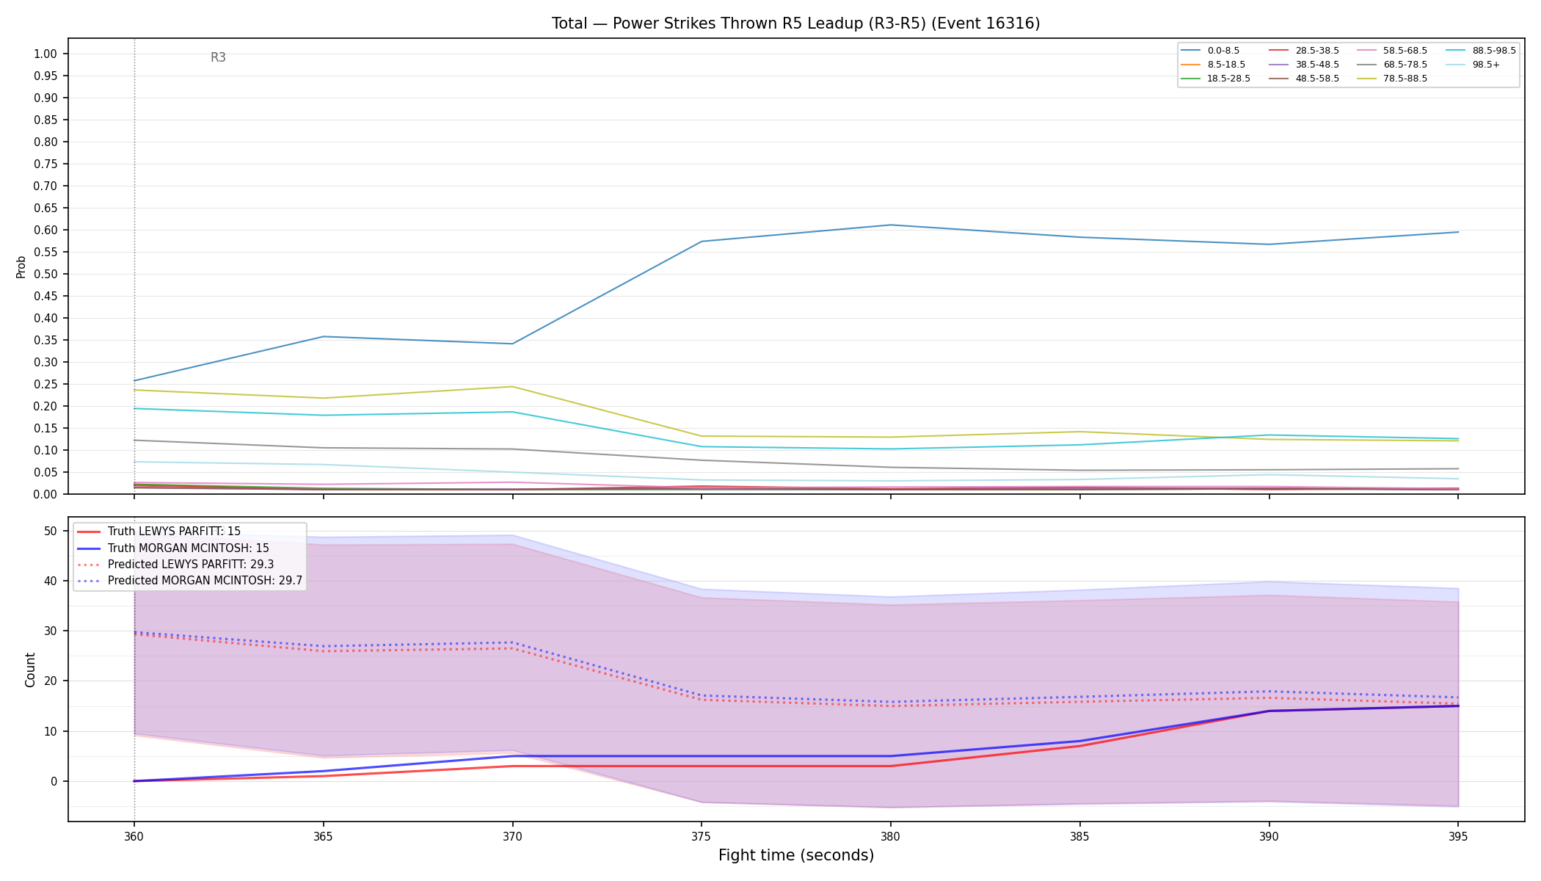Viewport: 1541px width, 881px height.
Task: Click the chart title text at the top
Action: [x=795, y=23]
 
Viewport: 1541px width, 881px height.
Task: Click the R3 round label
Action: [x=218, y=57]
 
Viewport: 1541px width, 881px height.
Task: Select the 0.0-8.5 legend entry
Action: [x=1210, y=51]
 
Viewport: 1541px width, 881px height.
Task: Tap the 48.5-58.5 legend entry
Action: [x=1304, y=79]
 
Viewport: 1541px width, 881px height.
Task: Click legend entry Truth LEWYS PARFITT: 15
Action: [x=159, y=532]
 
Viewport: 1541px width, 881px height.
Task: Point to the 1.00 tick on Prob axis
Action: [x=45, y=54]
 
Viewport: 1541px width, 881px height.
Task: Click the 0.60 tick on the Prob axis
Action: [x=45, y=230]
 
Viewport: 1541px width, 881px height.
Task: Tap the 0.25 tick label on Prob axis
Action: [x=45, y=384]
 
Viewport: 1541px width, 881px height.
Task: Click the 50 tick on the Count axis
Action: [x=51, y=531]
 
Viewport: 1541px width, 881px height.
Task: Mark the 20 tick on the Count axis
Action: [x=51, y=681]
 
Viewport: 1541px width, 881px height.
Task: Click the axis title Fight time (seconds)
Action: [x=796, y=855]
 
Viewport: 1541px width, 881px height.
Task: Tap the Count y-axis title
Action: [x=30, y=670]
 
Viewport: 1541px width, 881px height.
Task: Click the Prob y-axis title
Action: [x=21, y=267]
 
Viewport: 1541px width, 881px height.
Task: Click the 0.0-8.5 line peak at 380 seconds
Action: [x=891, y=225]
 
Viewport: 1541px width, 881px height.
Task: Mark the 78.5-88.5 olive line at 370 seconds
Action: [x=512, y=386]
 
